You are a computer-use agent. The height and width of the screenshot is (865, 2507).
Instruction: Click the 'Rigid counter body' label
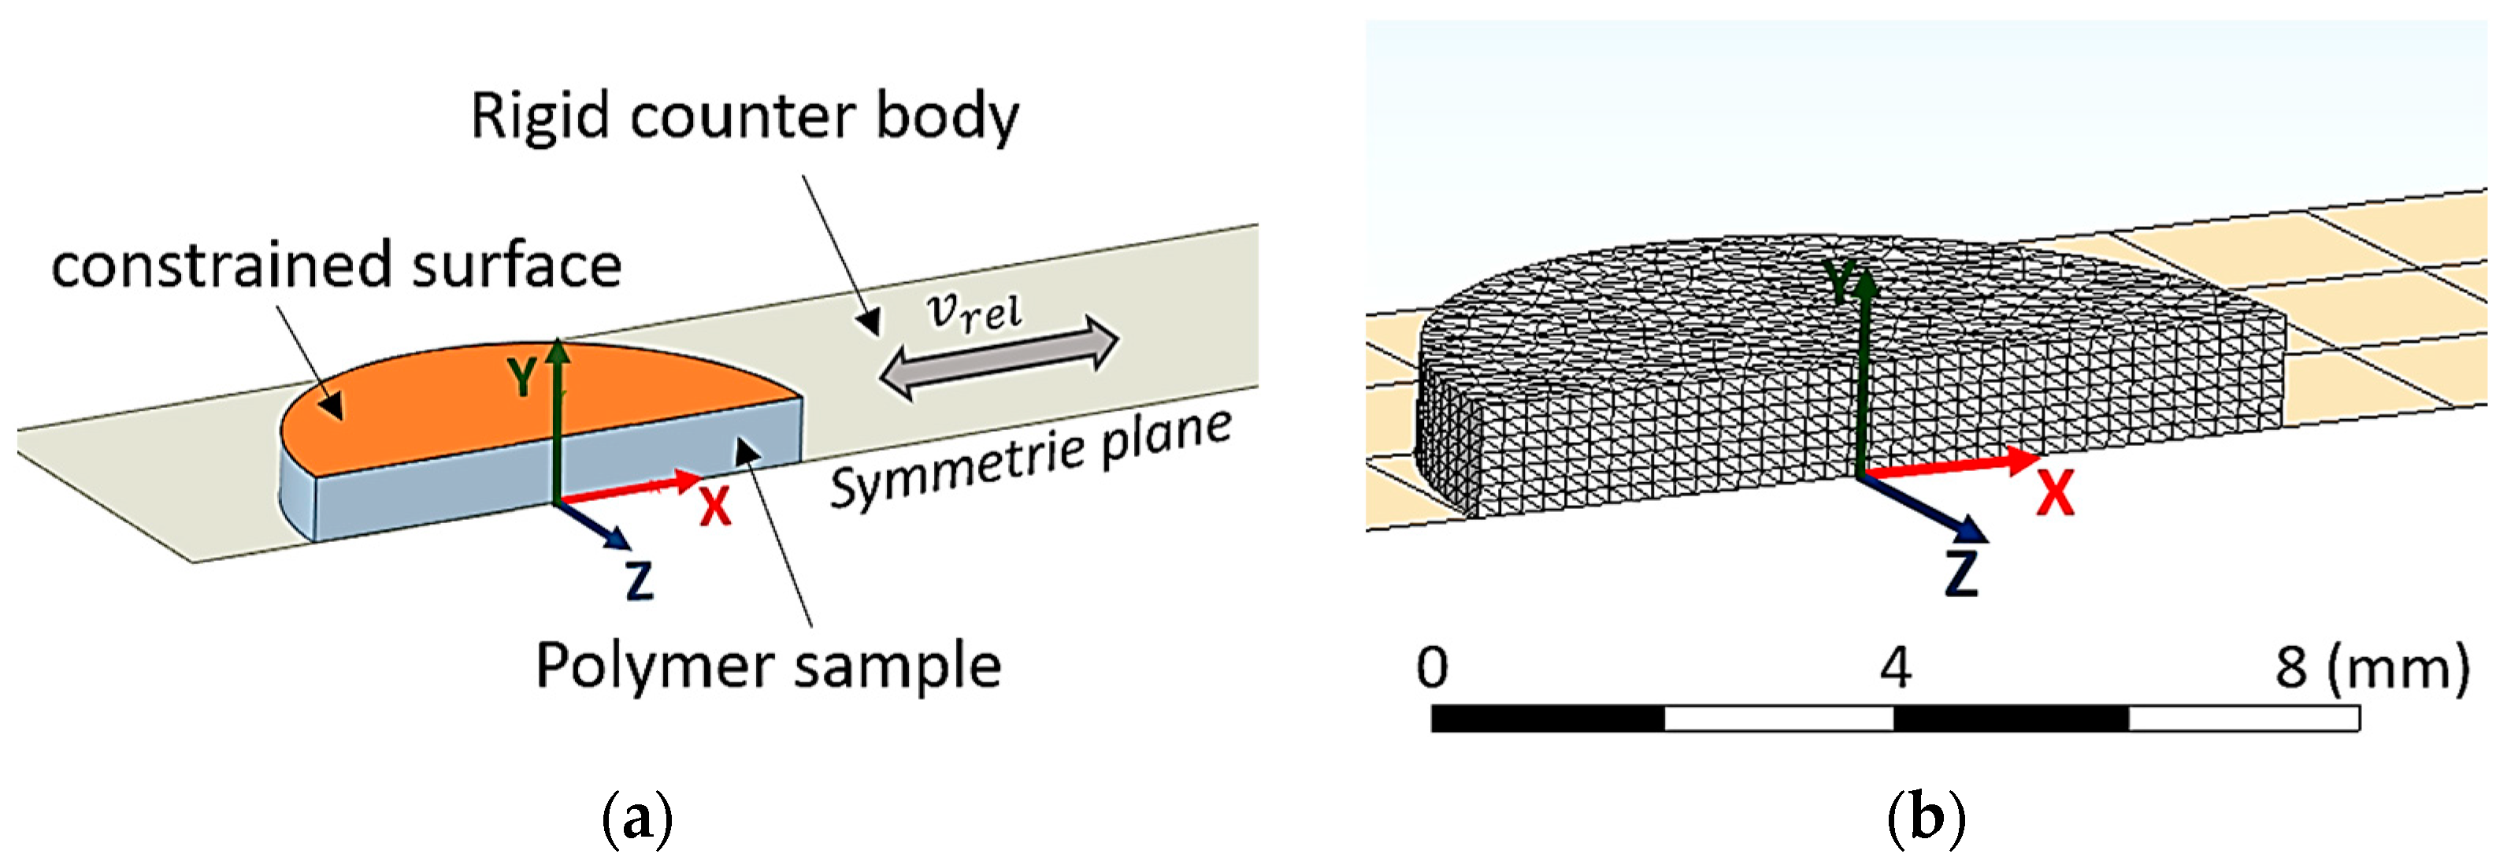pyautogui.click(x=744, y=117)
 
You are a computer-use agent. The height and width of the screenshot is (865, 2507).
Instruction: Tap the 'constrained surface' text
pyautogui.click(x=336, y=265)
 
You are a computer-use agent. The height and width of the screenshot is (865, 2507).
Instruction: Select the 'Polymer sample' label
pyautogui.click(x=768, y=666)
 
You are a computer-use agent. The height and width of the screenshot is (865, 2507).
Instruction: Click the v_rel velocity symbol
pyautogui.click(x=974, y=312)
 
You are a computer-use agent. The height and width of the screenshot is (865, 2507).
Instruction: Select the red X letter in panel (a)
pyautogui.click(x=715, y=506)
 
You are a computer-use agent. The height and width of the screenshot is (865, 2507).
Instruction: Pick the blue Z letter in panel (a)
pyautogui.click(x=639, y=580)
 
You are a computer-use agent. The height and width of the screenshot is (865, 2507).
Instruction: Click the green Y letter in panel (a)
pyautogui.click(x=524, y=377)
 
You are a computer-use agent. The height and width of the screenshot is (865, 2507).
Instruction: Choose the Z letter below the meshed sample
pyautogui.click(x=1962, y=574)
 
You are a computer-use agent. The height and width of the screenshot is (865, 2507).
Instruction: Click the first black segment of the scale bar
pyautogui.click(x=1548, y=719)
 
